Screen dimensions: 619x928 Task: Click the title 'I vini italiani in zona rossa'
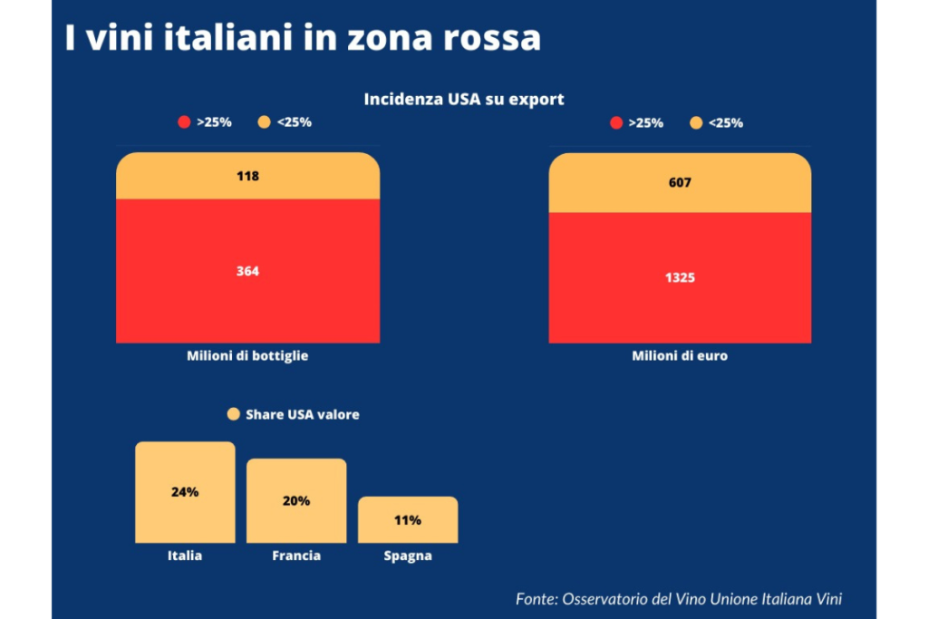[303, 38]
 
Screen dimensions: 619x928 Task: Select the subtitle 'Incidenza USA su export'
[464, 99]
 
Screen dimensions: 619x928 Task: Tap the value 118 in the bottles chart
[247, 176]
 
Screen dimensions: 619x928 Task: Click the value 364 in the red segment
[247, 270]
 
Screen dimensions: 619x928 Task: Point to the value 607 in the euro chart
[680, 182]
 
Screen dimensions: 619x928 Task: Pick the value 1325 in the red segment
[680, 277]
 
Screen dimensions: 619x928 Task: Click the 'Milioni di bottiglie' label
[247, 356]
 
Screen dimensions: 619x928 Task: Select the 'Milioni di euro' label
[680, 356]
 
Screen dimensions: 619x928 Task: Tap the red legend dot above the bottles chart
[185, 122]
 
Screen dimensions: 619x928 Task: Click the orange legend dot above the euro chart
[696, 122]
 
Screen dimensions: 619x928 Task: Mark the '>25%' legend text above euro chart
[645, 122]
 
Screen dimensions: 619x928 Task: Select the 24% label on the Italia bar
[185, 492]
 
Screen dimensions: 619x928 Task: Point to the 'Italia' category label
[185, 556]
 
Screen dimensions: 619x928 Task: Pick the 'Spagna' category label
[408, 556]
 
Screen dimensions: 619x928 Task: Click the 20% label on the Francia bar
[296, 500]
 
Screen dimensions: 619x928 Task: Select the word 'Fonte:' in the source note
[536, 598]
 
